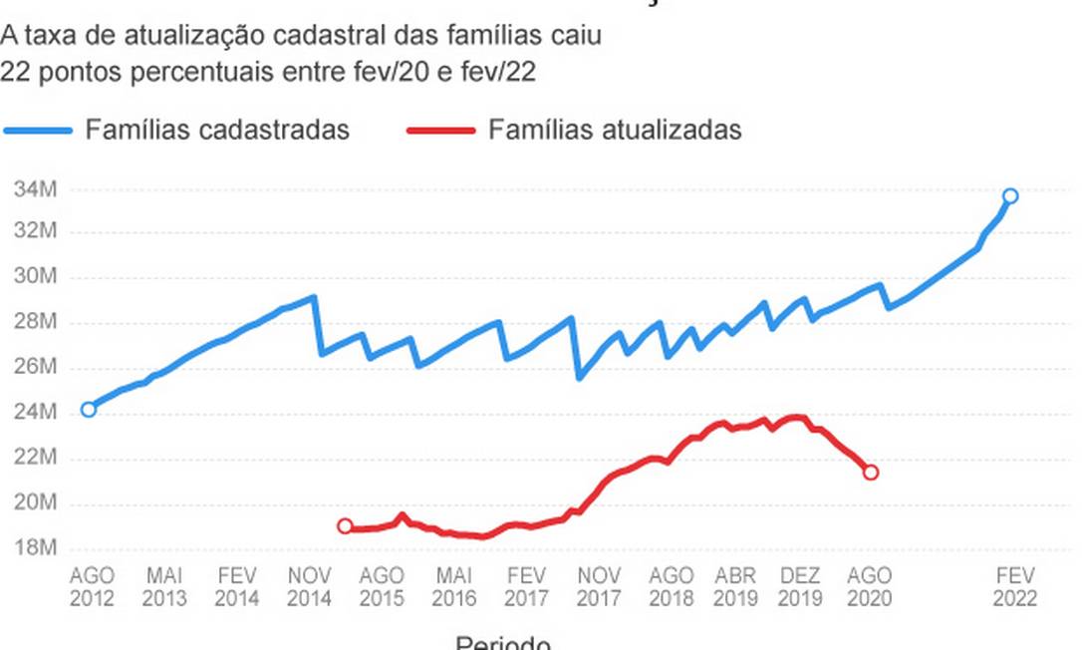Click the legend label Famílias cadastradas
[x=217, y=130]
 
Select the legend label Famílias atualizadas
[x=615, y=130]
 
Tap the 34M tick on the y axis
[x=36, y=187]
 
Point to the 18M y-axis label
[x=36, y=548]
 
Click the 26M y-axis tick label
[x=36, y=367]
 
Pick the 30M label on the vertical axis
[x=36, y=277]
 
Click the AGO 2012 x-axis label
[x=92, y=587]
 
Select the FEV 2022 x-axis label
[x=1014, y=587]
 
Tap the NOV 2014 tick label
[x=309, y=587]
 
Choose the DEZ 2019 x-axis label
[x=800, y=587]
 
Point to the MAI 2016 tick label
[x=453, y=587]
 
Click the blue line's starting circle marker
[x=89, y=409]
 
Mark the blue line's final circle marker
[x=1010, y=196]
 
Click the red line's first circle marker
[x=345, y=526]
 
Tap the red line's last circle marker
[x=870, y=472]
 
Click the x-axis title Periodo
[x=503, y=643]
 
